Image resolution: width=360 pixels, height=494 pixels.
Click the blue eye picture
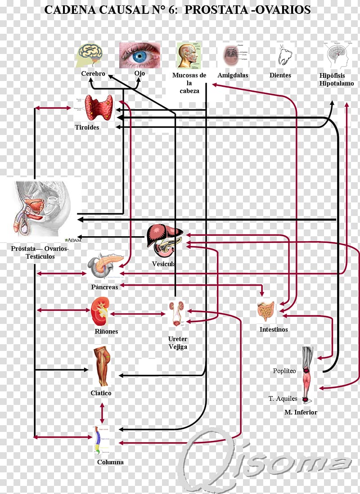[139, 55]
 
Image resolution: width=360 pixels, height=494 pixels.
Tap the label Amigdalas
[233, 76]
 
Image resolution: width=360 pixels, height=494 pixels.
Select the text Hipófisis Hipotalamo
[337, 80]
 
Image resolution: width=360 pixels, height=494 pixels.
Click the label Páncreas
[104, 287]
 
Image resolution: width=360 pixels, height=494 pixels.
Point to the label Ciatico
[101, 393]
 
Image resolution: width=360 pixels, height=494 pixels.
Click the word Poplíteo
[284, 371]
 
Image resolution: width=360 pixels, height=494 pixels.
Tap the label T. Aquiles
[283, 399]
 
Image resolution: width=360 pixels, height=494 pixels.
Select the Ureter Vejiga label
[178, 343]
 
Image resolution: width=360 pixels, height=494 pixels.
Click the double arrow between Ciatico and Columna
[102, 412]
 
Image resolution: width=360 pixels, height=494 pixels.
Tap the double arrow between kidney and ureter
[138, 313]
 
